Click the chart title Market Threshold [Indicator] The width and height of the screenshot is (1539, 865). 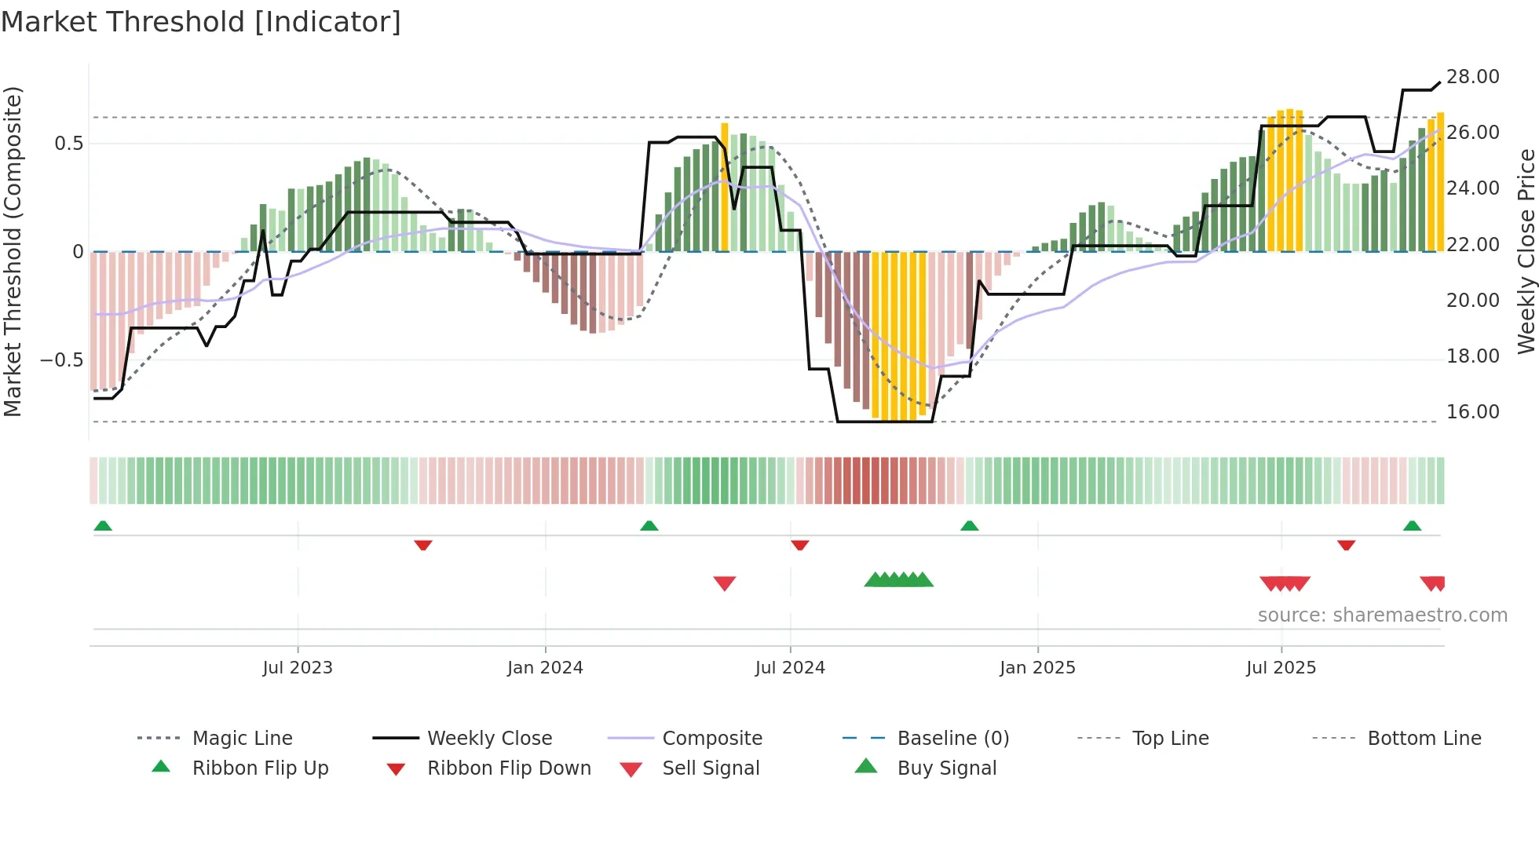201,22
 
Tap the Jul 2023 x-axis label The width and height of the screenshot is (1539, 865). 298,668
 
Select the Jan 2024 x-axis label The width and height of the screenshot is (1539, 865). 545,668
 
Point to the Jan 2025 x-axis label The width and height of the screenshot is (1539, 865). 1037,668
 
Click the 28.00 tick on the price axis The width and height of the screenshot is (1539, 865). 1472,77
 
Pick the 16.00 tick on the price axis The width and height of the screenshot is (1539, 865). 1472,412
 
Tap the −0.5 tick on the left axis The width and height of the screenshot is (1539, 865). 61,360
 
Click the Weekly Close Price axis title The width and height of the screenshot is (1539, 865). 1526,251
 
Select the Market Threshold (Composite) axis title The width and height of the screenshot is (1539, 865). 13,251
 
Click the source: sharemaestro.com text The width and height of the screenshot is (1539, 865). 1382,615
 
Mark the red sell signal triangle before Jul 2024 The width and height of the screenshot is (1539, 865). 724,583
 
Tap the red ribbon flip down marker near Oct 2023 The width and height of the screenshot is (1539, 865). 423,545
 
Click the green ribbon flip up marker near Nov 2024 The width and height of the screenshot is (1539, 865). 969,526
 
